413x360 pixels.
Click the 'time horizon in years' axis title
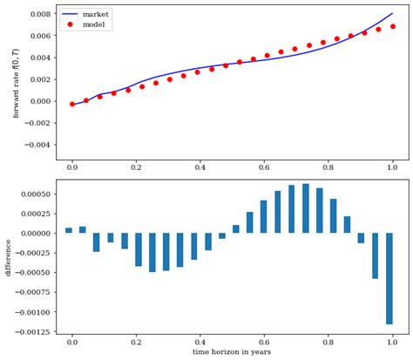233,352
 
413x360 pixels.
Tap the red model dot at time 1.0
392,26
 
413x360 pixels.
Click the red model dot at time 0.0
72,104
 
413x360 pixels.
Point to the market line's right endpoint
392,14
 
